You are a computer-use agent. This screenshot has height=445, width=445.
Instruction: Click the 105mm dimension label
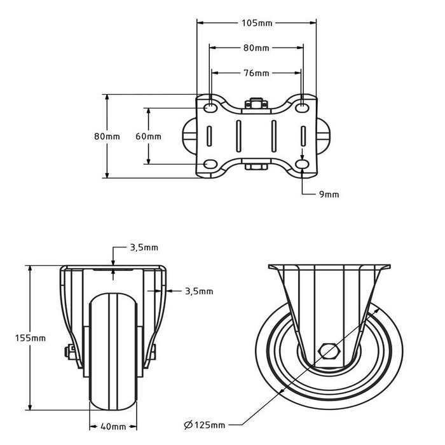pos(257,23)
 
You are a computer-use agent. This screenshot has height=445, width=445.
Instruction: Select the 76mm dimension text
pos(256,73)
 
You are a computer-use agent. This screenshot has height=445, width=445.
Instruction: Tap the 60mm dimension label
pos(149,136)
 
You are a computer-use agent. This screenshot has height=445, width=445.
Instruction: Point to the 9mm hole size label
pos(329,194)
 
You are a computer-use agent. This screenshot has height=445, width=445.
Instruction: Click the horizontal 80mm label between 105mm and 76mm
pos(256,48)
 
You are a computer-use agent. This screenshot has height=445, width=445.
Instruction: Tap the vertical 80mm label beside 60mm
pos(107,136)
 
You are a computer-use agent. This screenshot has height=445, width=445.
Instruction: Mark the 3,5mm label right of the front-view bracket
pos(198,291)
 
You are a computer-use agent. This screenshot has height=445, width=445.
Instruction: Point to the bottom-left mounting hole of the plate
pos(210,165)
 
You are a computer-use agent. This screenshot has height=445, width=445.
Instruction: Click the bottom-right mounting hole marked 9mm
pos(303,165)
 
